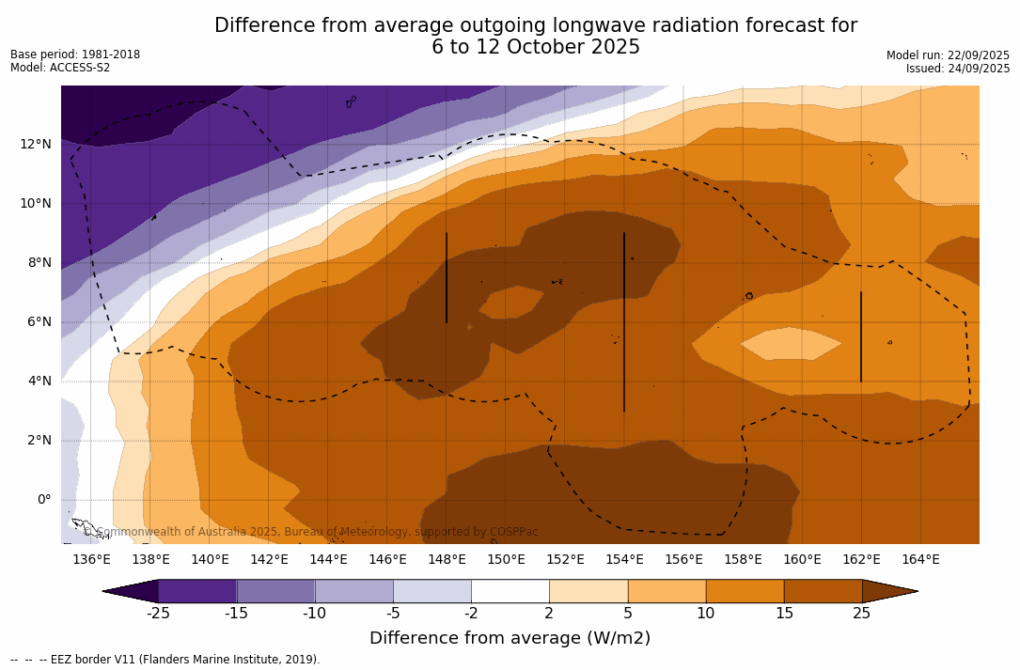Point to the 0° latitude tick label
[x=44, y=499]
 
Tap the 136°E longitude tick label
[x=91, y=560]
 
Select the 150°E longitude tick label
[x=506, y=560]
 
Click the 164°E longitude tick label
[x=920, y=560]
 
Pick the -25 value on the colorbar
[x=158, y=614]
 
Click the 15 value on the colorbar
[x=784, y=614]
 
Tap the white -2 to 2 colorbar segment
[x=510, y=591]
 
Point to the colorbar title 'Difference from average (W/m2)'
[x=510, y=638]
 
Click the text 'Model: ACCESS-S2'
[x=60, y=68]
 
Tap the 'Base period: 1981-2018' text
[x=75, y=55]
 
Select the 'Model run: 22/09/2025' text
[x=948, y=55]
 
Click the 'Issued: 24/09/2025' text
[x=958, y=69]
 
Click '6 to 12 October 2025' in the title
[x=536, y=47]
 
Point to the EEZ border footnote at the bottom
[x=165, y=660]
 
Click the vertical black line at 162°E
[x=861, y=336]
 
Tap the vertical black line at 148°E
[x=447, y=277]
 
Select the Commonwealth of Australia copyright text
[x=311, y=532]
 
